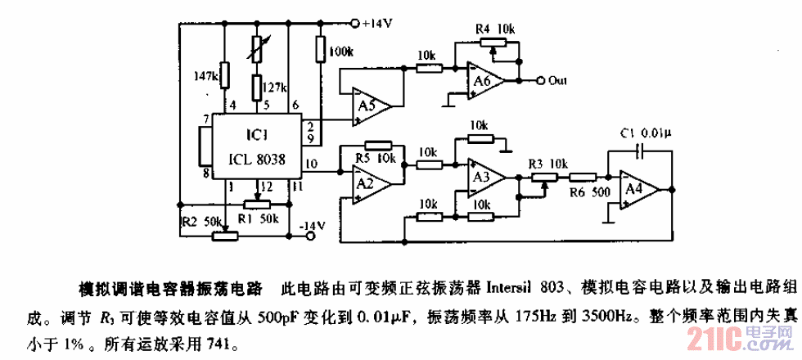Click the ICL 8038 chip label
click(256, 161)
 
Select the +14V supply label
click(378, 23)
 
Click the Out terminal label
click(559, 81)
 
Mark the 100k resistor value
click(341, 52)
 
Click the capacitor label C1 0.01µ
click(645, 132)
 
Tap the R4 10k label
click(495, 30)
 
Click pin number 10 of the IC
click(310, 164)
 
